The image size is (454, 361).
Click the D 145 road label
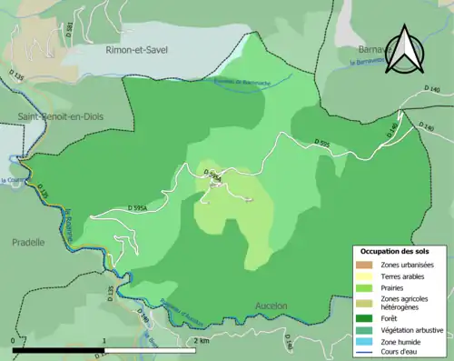[392, 131]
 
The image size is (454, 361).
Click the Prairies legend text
[393, 286]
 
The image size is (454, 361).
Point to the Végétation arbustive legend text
[412, 329]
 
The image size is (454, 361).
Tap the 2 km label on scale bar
[202, 340]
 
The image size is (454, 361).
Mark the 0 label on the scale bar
[13, 340]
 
